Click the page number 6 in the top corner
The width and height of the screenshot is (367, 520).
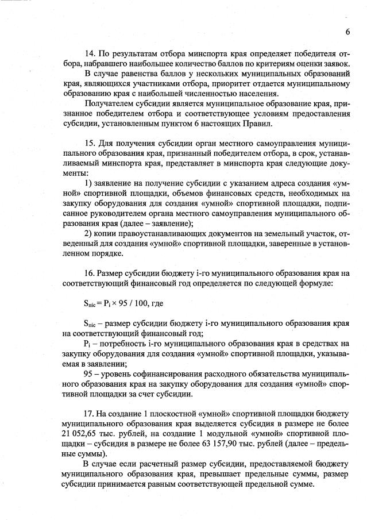(x=348, y=31)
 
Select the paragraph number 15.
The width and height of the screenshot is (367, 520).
(x=89, y=142)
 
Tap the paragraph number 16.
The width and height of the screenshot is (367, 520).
(x=89, y=274)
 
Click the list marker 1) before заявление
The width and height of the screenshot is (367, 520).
(x=88, y=183)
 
